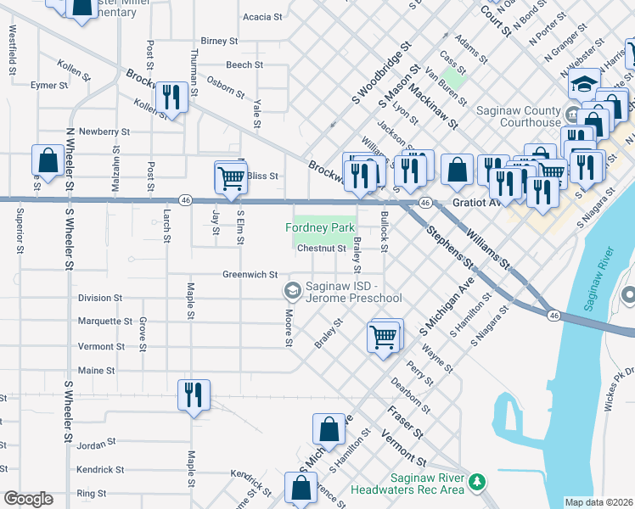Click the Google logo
click(x=28, y=499)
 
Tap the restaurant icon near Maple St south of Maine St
click(x=194, y=394)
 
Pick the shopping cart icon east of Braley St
click(x=384, y=336)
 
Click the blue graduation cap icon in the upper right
click(x=584, y=84)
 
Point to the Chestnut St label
click(x=321, y=249)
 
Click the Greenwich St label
click(x=250, y=275)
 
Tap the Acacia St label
click(x=262, y=17)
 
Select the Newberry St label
click(x=104, y=132)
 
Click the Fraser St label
click(x=404, y=420)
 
